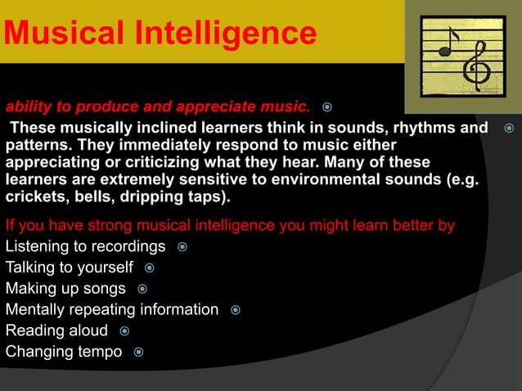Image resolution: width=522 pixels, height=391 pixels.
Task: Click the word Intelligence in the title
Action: [x=236, y=34]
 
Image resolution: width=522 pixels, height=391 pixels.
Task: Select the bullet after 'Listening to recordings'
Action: [x=182, y=247]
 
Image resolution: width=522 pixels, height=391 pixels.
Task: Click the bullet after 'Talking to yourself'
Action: [x=150, y=267]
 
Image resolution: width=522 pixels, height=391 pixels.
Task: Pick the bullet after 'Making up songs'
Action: [x=142, y=289]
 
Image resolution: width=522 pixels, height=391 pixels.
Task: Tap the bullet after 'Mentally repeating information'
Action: [x=235, y=310]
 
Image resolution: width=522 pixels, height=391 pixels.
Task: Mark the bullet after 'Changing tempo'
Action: [x=138, y=353]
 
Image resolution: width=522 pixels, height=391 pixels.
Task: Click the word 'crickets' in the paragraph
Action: [x=34, y=199]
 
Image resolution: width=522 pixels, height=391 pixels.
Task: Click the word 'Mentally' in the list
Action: [x=35, y=310]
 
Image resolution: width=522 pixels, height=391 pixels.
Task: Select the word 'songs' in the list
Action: [x=106, y=289]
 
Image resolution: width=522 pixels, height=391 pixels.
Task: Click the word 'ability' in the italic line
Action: [x=28, y=106]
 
